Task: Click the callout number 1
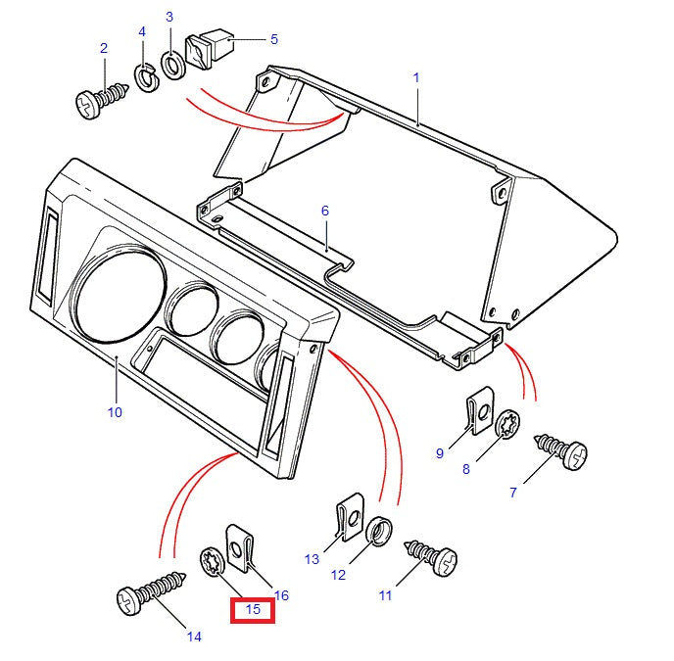(x=415, y=76)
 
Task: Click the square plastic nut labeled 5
(x=209, y=50)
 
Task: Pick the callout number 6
(x=324, y=211)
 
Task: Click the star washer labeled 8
(x=508, y=428)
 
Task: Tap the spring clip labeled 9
(x=477, y=412)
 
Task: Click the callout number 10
(x=115, y=412)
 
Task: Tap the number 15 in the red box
(x=253, y=609)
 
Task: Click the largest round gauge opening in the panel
(x=116, y=294)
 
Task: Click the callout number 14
(x=194, y=637)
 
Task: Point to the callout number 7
(x=511, y=493)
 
